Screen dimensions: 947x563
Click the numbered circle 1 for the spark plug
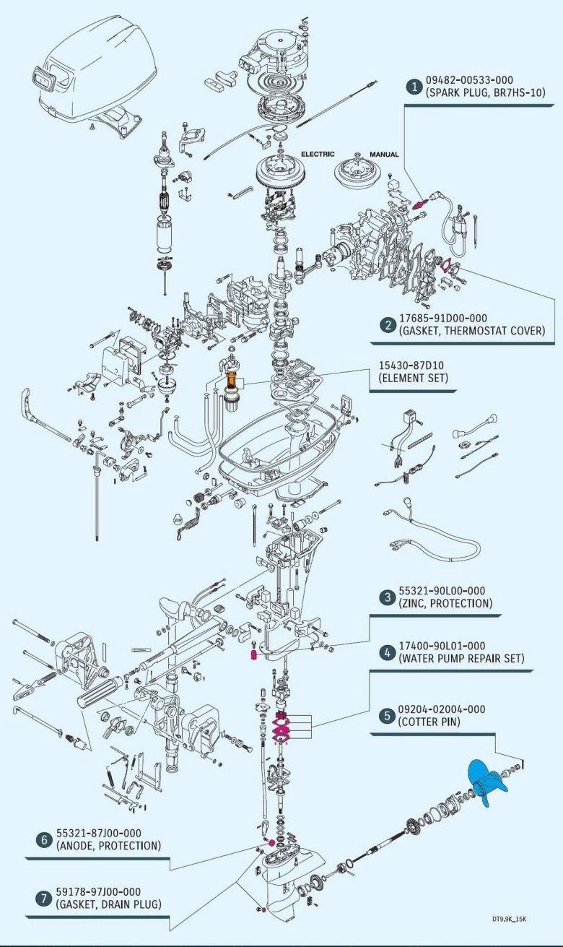pos(414,86)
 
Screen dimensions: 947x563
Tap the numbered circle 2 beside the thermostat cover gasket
pos(388,324)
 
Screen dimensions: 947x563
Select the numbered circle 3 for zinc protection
pos(388,597)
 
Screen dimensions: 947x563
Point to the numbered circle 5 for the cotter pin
pos(388,715)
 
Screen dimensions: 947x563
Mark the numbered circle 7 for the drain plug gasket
pos(44,899)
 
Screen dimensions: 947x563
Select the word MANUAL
pos(384,155)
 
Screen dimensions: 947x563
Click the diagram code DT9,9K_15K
pos(510,920)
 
